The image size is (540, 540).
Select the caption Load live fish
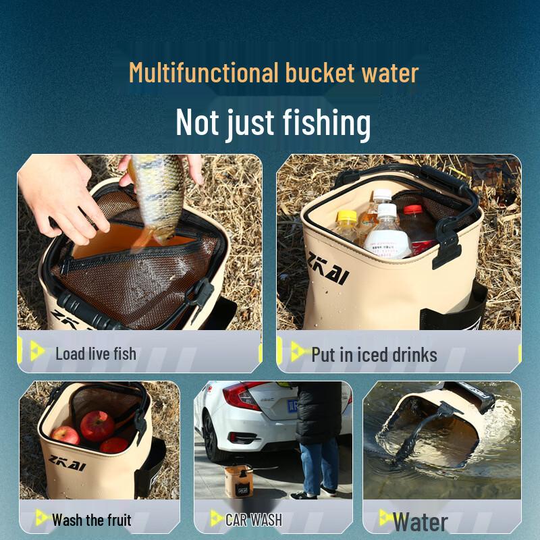coord(95,354)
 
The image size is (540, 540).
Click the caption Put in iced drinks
coord(374,354)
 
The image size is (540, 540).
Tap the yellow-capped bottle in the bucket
coord(346,227)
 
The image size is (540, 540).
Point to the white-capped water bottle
coord(387,233)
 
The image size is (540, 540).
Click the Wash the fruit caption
coord(91,520)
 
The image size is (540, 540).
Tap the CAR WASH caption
coord(253,520)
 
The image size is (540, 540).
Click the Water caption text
coord(420,522)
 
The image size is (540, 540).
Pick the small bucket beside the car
coord(238,481)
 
